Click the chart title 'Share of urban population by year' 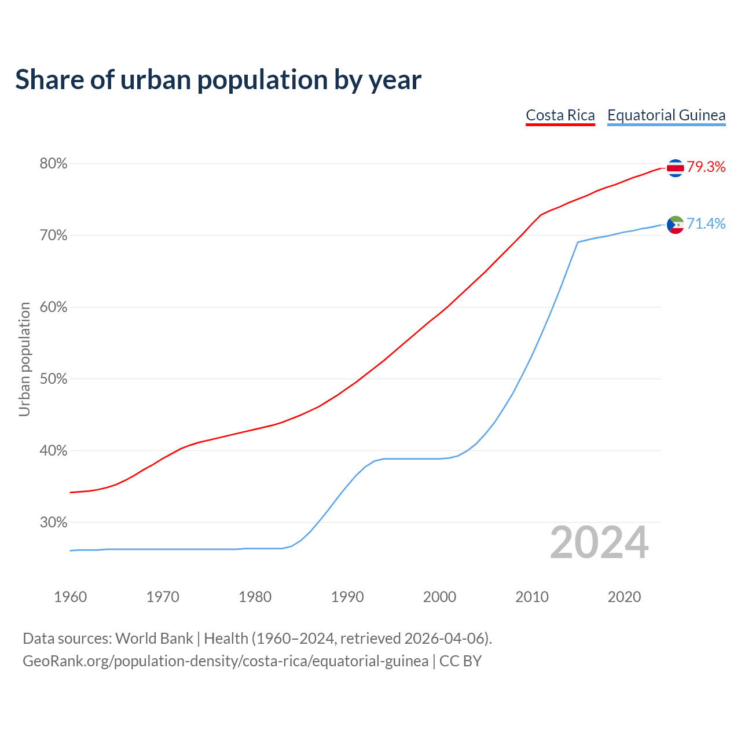pyautogui.click(x=218, y=80)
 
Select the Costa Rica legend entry pyautogui.click(x=560, y=115)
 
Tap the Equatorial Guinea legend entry pyautogui.click(x=666, y=115)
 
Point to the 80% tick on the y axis pyautogui.click(x=53, y=164)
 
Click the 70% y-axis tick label pyautogui.click(x=53, y=236)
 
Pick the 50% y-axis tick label pyautogui.click(x=53, y=379)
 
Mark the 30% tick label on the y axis pyautogui.click(x=53, y=523)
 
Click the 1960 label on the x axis pyautogui.click(x=70, y=597)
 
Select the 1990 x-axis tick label pyautogui.click(x=347, y=597)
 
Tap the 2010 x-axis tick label pyautogui.click(x=532, y=597)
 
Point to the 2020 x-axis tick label pyautogui.click(x=624, y=597)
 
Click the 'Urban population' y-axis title pyautogui.click(x=24, y=359)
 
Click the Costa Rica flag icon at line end pyautogui.click(x=675, y=168)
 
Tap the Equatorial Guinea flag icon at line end pyautogui.click(x=675, y=225)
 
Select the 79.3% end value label pyautogui.click(x=706, y=167)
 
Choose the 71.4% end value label pyautogui.click(x=706, y=224)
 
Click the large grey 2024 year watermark pyautogui.click(x=599, y=542)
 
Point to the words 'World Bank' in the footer pyautogui.click(x=154, y=639)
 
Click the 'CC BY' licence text pyautogui.click(x=460, y=661)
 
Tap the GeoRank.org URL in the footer pyautogui.click(x=225, y=661)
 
